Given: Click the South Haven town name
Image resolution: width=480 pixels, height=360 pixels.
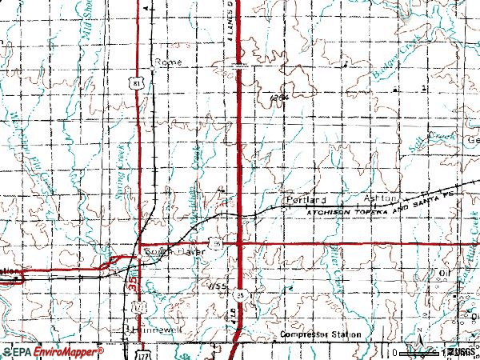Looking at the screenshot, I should pyautogui.click(x=175, y=252).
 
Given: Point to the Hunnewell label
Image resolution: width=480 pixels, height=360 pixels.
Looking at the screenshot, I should pyautogui.click(x=151, y=329).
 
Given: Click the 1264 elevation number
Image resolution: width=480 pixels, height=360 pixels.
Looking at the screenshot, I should pyautogui.click(x=278, y=98).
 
